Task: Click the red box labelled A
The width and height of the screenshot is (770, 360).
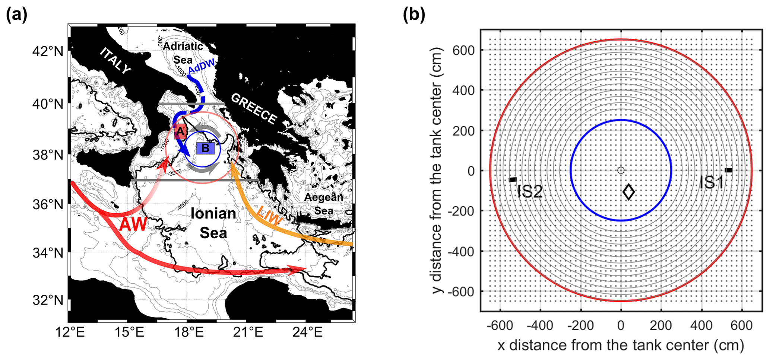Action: pos(180,131)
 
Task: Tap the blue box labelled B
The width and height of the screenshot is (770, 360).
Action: pos(205,148)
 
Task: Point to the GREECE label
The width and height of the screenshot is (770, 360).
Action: pos(254,108)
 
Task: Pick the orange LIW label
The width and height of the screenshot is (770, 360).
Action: pos(269,216)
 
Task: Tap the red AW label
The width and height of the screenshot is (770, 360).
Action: pos(133,225)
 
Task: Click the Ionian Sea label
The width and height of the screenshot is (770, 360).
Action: pos(213,223)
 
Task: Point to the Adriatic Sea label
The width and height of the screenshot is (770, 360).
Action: pos(183,52)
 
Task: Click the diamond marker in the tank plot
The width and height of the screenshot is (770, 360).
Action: pos(629,192)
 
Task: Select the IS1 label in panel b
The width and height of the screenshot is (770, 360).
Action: pos(711,182)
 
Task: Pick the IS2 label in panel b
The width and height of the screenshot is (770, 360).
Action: pos(530,192)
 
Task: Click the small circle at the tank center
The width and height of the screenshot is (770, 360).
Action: pos(621,170)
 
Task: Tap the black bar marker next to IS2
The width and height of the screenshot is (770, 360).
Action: pos(513,180)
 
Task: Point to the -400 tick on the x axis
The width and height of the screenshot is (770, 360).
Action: pos(540,326)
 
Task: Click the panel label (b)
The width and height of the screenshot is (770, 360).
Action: pos(414,15)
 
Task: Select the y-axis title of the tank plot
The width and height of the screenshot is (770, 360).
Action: pos(437,170)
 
